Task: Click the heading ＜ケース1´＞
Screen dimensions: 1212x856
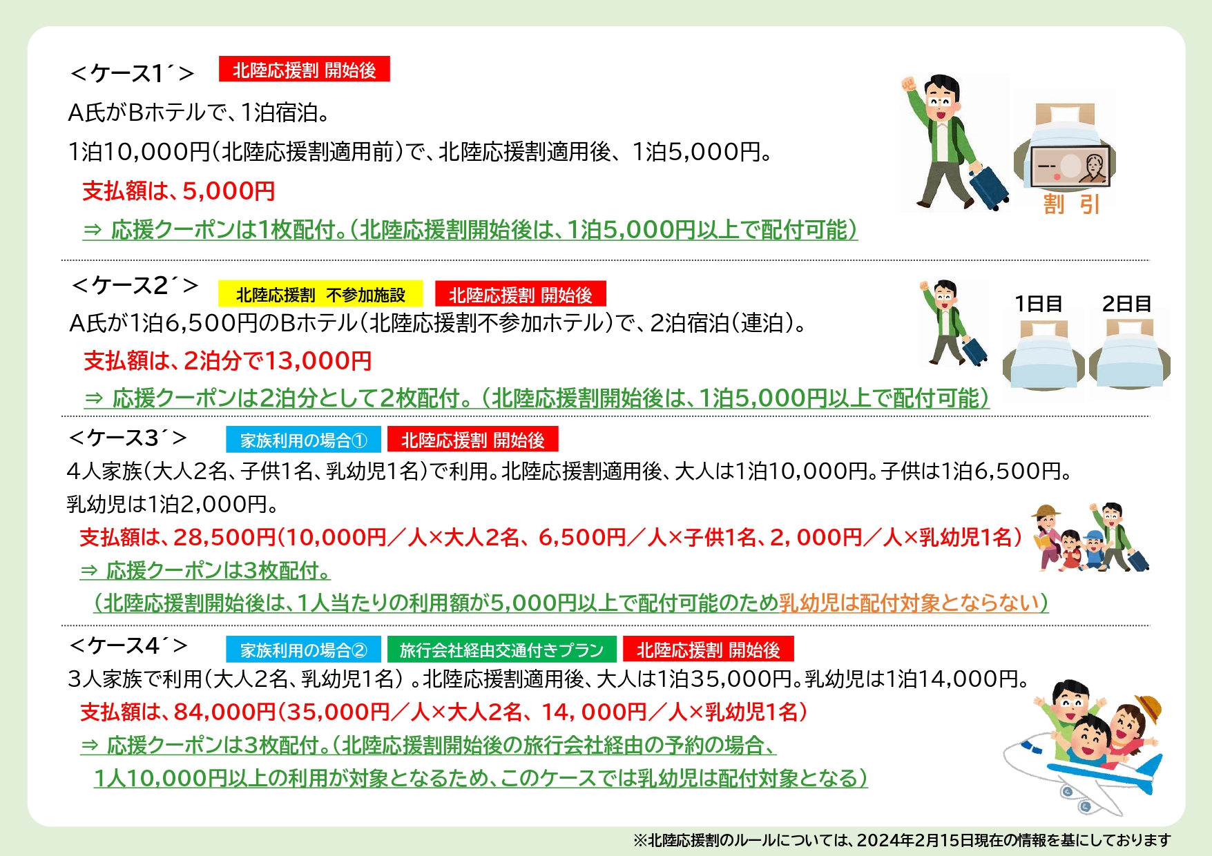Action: [132, 72]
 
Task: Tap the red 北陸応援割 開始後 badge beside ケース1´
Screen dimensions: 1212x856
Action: [305, 69]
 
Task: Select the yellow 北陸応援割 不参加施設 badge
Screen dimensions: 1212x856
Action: [320, 294]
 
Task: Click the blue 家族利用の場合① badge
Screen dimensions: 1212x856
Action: [303, 440]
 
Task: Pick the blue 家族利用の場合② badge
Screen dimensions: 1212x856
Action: [303, 650]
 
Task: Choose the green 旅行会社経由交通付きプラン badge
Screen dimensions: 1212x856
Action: [501, 650]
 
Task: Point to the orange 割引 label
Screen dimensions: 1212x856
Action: [1071, 204]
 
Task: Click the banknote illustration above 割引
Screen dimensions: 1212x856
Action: [1070, 167]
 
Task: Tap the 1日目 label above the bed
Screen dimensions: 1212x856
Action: [1038, 304]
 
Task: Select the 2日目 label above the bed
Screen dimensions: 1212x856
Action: [1126, 304]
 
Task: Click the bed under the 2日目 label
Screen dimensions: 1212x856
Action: [1130, 355]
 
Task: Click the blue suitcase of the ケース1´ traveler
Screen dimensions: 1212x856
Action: [988, 187]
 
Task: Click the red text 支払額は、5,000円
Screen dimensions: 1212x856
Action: [179, 191]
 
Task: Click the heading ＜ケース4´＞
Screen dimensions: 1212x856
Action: [128, 645]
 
